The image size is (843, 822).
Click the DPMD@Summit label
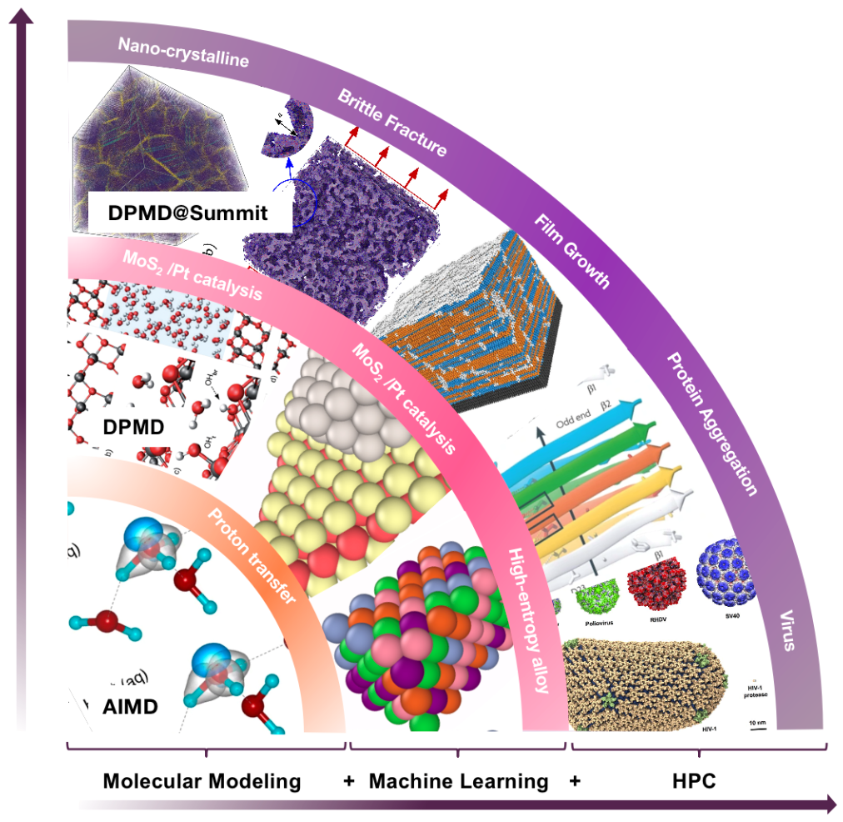pos(187,213)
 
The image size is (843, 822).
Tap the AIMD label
pos(130,708)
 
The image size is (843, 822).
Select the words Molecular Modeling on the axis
pos(202,781)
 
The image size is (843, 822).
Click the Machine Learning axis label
pos(458,781)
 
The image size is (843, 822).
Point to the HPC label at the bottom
pos(693,781)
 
